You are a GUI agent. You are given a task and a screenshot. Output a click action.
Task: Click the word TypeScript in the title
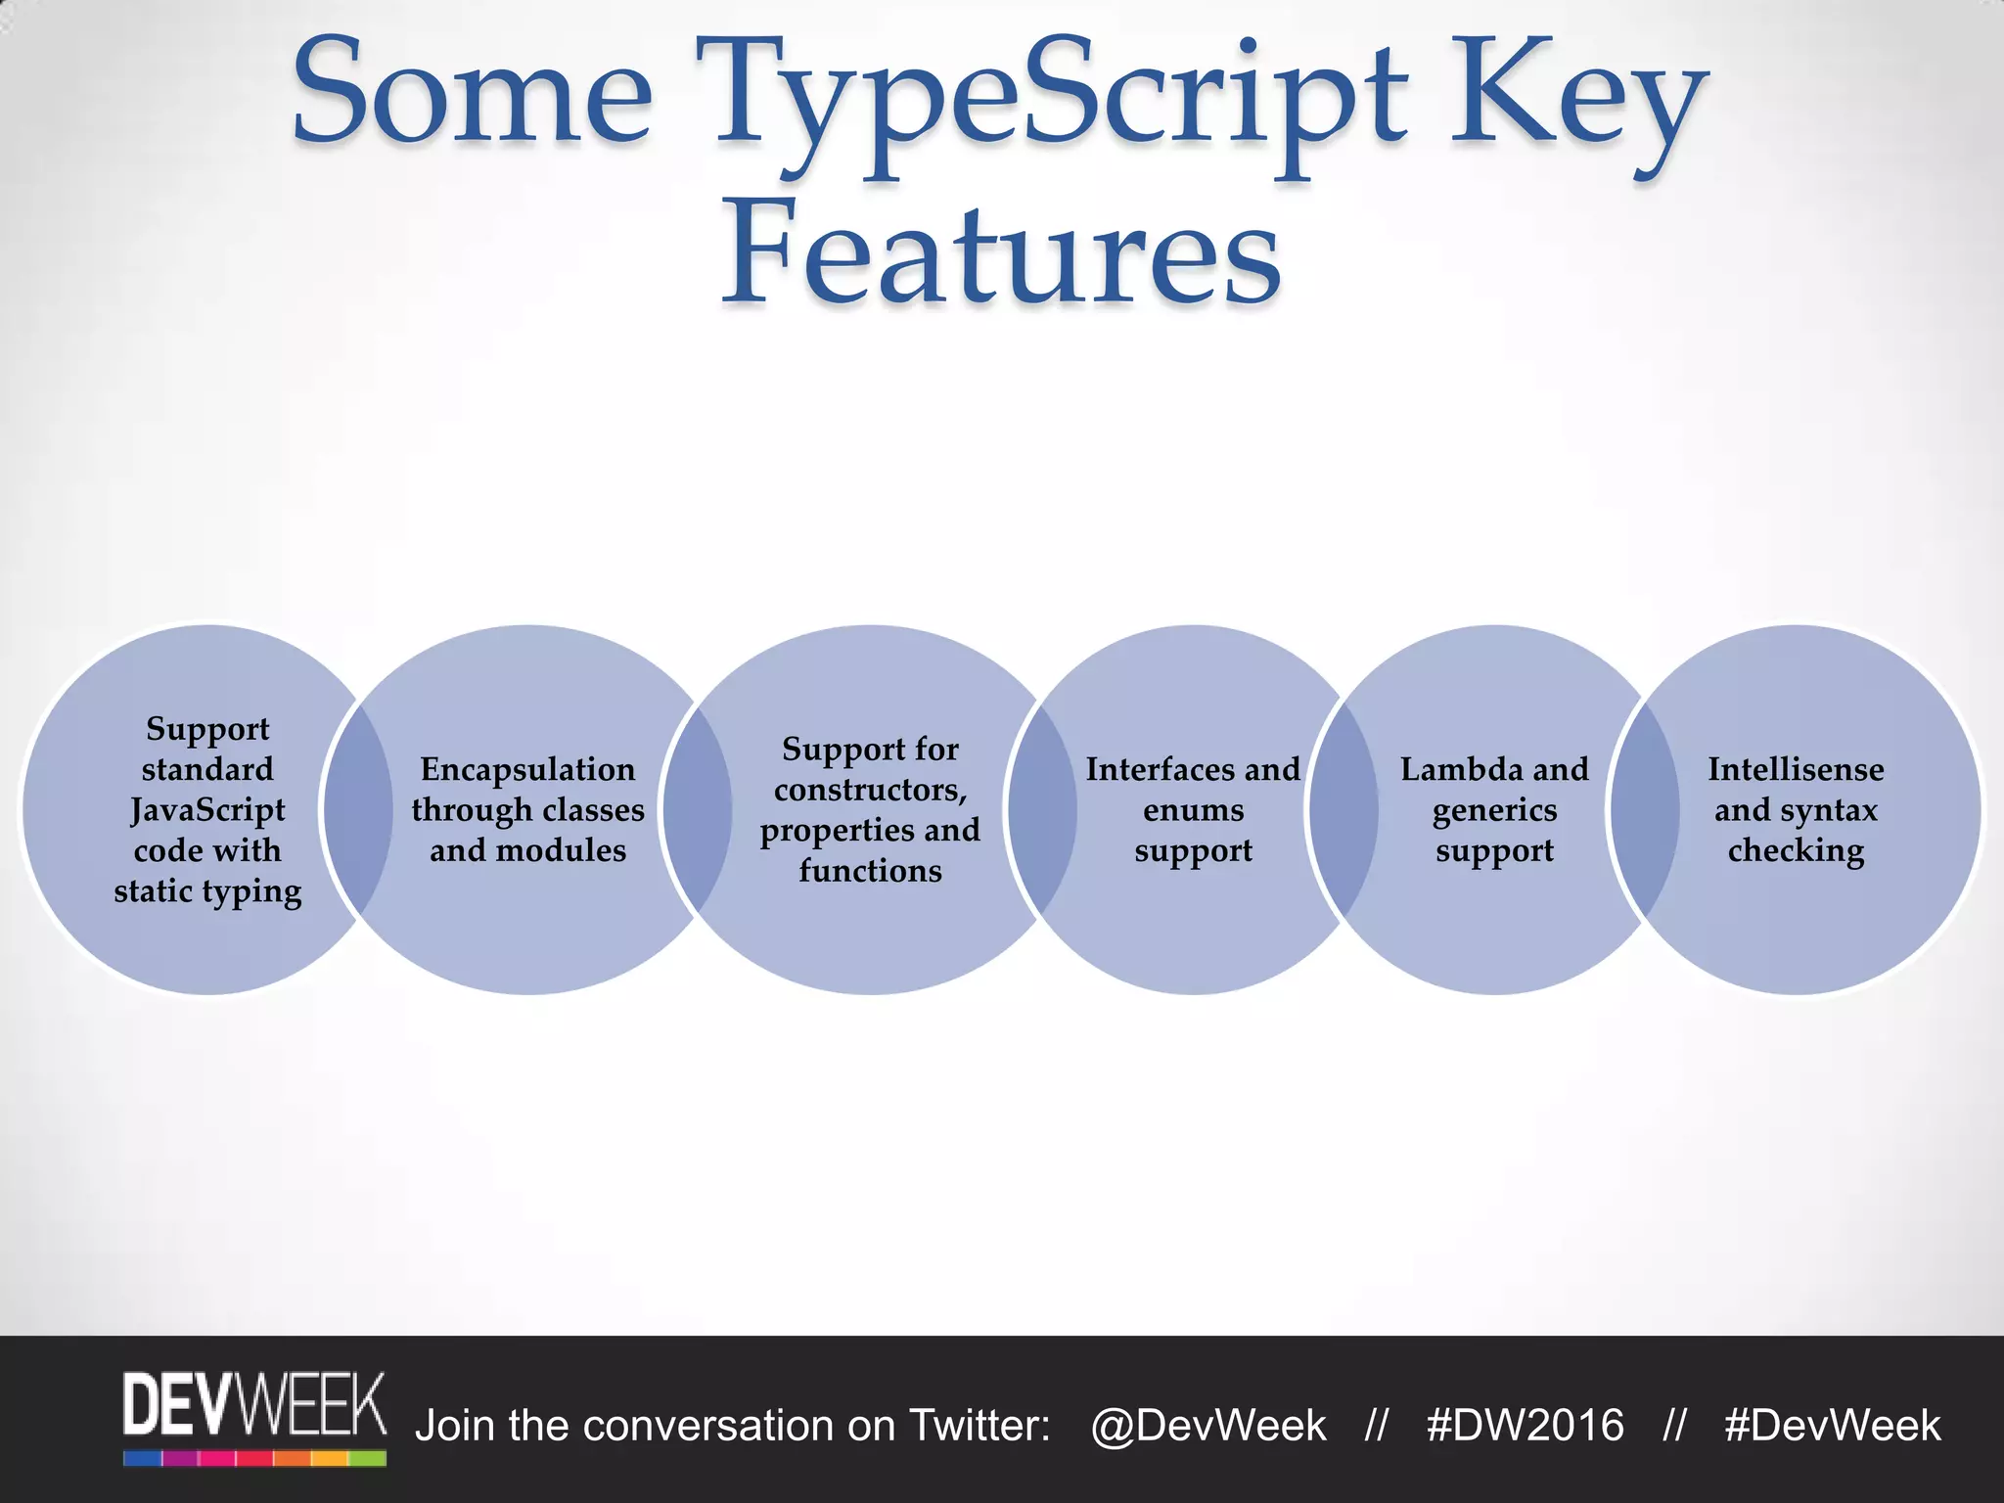click(1063, 103)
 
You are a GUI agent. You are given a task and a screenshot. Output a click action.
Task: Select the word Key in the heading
click(1576, 103)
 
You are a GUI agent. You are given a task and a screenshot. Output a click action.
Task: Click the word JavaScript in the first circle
click(207, 810)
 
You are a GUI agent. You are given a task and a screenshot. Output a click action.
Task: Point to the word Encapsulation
click(527, 769)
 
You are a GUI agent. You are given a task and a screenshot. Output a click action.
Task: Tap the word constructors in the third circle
click(869, 790)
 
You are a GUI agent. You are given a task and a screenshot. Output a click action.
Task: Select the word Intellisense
click(1796, 769)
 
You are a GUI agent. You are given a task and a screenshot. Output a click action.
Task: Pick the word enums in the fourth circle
click(1193, 810)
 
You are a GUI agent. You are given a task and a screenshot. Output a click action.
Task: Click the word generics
click(1494, 810)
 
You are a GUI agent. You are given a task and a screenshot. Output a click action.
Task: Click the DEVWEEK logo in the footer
click(254, 1417)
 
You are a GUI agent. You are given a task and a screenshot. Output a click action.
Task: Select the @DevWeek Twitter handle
click(1208, 1426)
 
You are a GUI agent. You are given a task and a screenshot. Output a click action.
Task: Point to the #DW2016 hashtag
click(1525, 1426)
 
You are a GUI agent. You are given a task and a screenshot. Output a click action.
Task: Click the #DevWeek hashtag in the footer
click(1832, 1426)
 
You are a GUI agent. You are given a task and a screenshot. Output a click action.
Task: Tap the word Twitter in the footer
click(978, 1426)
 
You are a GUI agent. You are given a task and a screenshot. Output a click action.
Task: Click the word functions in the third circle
click(870, 871)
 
